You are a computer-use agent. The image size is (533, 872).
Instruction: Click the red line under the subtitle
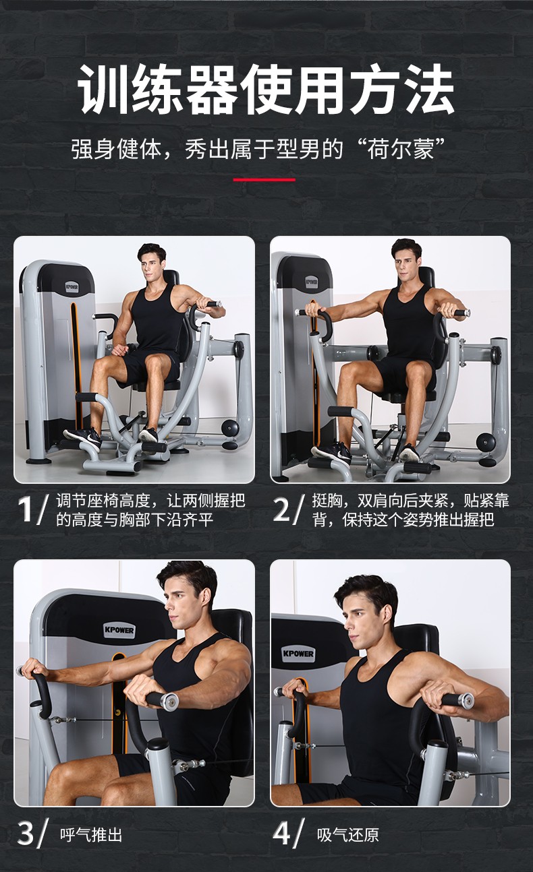(x=264, y=180)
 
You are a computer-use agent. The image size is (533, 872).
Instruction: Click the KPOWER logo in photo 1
(x=72, y=288)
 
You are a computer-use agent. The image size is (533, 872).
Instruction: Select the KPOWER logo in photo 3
(x=119, y=630)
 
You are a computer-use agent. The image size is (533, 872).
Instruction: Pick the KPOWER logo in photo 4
(x=298, y=654)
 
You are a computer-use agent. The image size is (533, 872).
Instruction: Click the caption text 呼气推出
(x=91, y=836)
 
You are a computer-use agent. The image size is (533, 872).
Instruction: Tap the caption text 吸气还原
(x=347, y=836)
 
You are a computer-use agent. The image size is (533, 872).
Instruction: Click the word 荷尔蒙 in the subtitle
(x=401, y=149)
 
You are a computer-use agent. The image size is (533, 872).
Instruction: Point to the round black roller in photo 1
(x=230, y=427)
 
